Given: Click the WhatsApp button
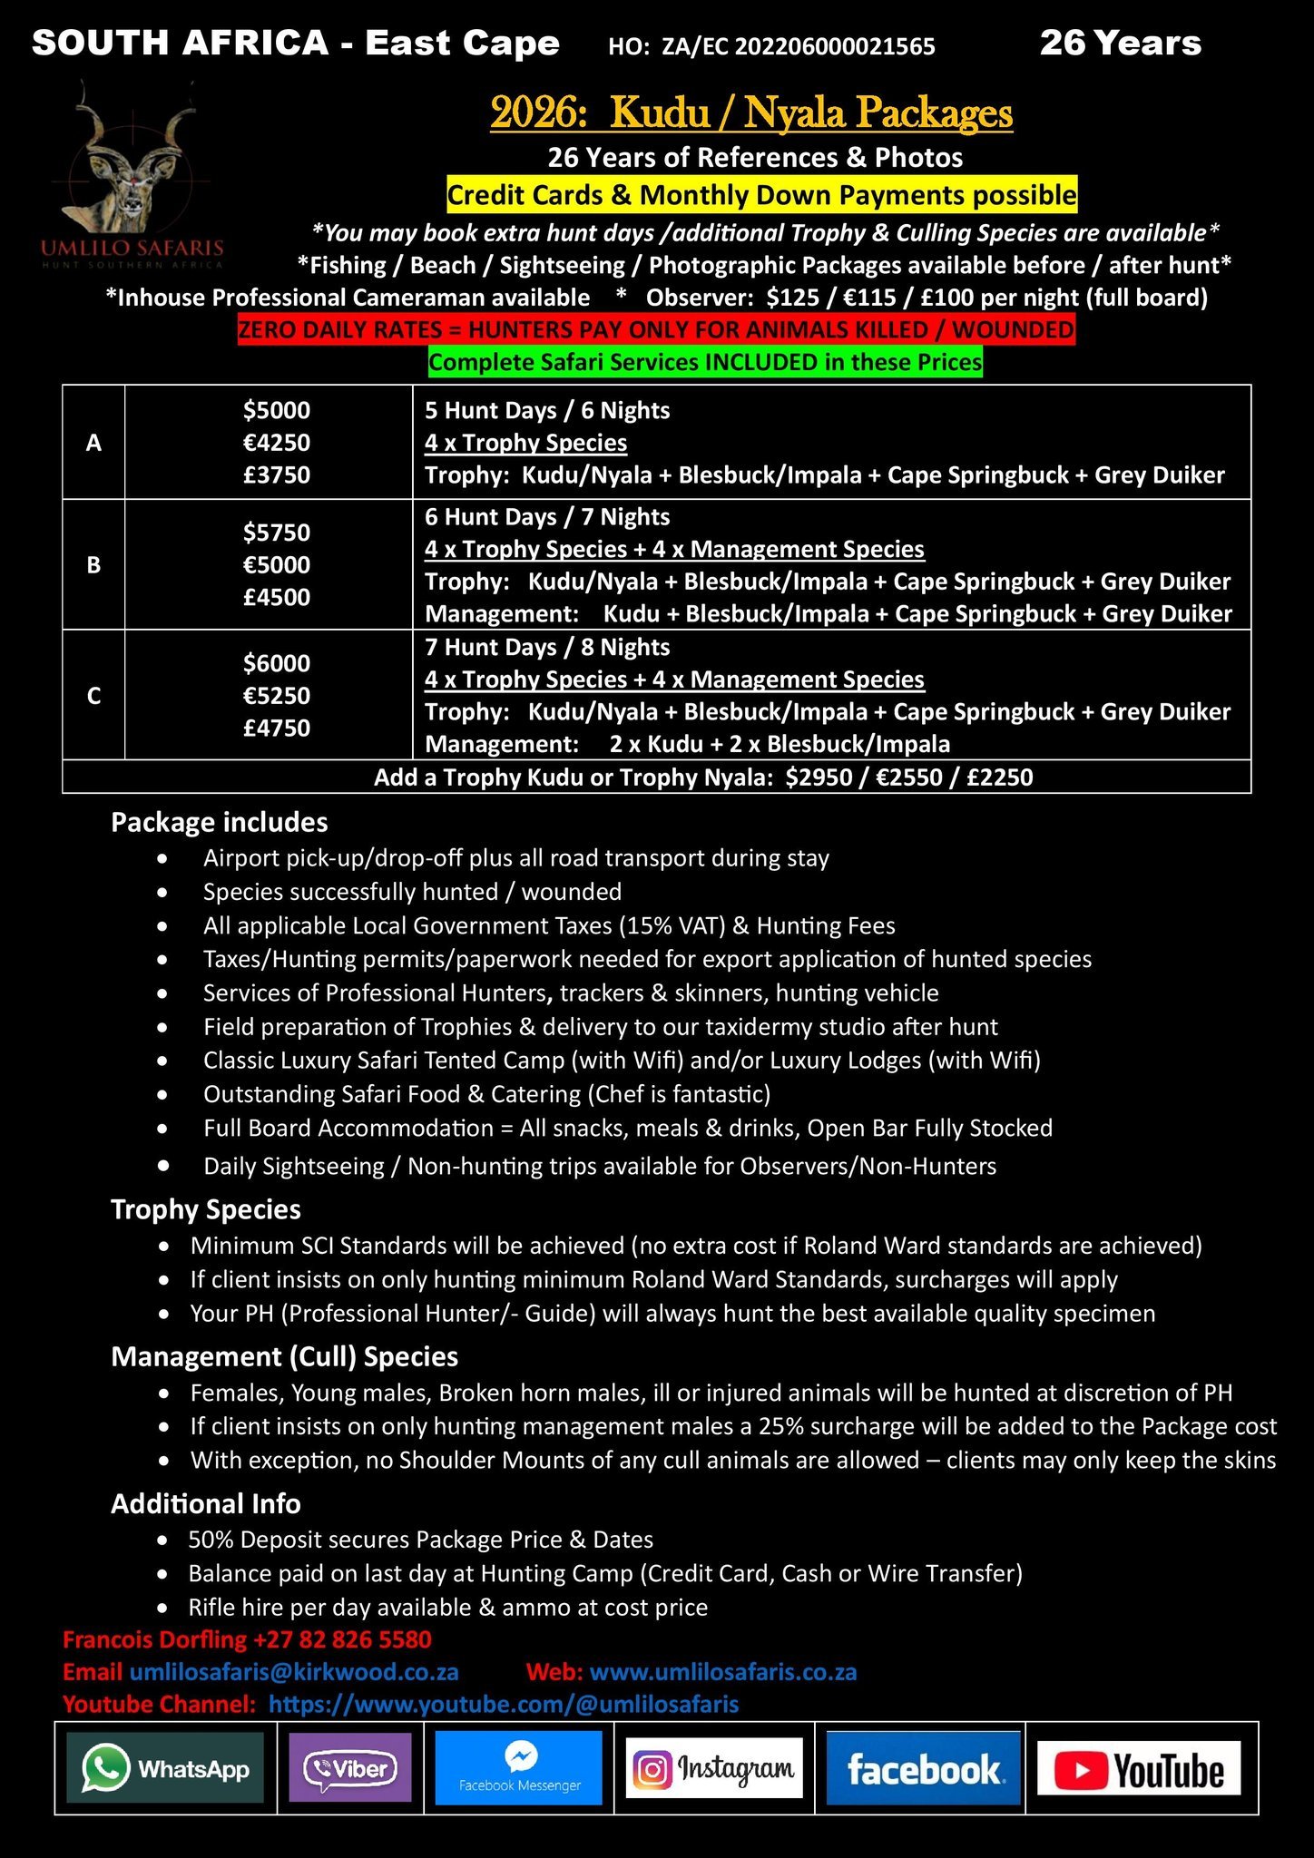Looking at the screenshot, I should [x=165, y=1768].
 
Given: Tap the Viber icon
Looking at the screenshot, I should [x=349, y=1768].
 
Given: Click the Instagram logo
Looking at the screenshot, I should [x=714, y=1768].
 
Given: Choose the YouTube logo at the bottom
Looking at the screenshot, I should [x=1139, y=1768].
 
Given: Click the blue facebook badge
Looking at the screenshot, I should [x=924, y=1768].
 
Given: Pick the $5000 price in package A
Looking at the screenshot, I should [x=277, y=410].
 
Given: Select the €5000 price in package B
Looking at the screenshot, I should [x=277, y=564].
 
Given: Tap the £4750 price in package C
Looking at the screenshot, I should [x=277, y=728].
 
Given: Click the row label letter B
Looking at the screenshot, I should [x=93, y=565].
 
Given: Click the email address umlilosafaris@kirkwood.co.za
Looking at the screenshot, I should [x=294, y=1671].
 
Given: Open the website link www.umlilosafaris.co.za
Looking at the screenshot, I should [x=723, y=1671].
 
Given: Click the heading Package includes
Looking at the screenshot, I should [x=220, y=822].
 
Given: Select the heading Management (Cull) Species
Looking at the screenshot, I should [x=284, y=1356].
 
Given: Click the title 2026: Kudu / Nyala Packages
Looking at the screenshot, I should [x=751, y=112].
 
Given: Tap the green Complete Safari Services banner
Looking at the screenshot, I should [x=705, y=362].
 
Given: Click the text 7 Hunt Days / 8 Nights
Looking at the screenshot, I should [x=547, y=647].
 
